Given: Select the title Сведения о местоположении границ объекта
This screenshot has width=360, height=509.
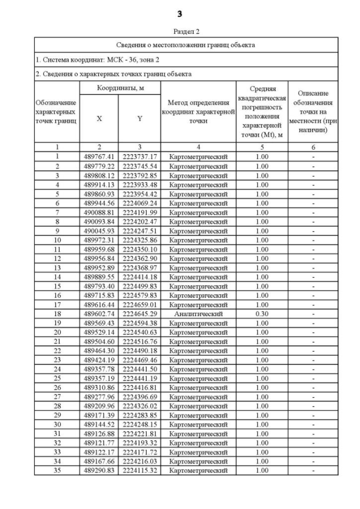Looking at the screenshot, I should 186,44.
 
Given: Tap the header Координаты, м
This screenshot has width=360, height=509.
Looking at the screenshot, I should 119,88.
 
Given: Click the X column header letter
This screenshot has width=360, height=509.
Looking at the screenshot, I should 99,119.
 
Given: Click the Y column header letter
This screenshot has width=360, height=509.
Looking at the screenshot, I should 139,119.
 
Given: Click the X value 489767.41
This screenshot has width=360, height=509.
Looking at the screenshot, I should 99,156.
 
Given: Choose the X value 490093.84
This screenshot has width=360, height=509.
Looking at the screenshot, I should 99,221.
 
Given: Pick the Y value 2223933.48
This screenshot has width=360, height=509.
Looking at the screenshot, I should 139,184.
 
